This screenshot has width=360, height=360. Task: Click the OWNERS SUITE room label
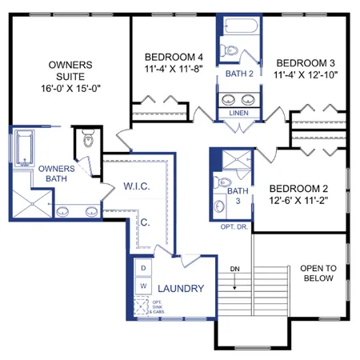[x=70, y=64]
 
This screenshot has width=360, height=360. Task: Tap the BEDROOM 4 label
[x=174, y=57]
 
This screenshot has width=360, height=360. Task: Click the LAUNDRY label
[x=181, y=288]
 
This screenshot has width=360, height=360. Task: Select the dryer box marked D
[x=142, y=268]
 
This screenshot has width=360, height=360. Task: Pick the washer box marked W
[x=142, y=286]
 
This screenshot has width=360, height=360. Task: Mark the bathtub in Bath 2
[x=238, y=26]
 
